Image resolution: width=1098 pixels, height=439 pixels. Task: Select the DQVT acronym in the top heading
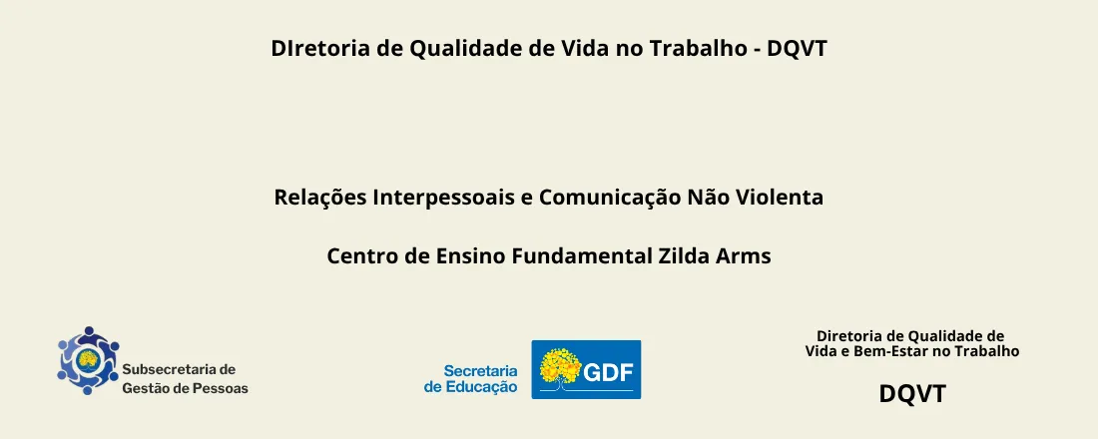click(x=798, y=48)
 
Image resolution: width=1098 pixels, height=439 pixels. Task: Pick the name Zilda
click(x=684, y=256)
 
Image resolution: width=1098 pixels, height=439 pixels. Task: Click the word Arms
click(x=744, y=256)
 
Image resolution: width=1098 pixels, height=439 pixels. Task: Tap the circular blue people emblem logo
click(x=88, y=360)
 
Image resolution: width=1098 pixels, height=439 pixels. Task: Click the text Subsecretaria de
click(x=179, y=369)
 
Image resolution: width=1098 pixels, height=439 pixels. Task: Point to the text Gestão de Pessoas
click(x=185, y=388)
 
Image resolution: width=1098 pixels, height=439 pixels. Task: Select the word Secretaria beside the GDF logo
click(x=480, y=370)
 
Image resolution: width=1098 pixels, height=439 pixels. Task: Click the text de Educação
click(x=470, y=387)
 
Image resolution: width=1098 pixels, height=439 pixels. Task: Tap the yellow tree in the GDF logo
click(x=560, y=368)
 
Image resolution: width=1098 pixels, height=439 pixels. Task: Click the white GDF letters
click(x=609, y=372)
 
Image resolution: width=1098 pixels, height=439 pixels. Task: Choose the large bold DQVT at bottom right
click(x=911, y=394)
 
